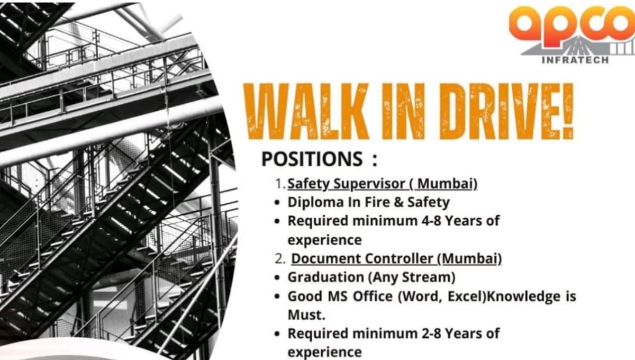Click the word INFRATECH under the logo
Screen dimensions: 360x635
pyautogui.click(x=575, y=60)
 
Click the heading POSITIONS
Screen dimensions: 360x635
pyautogui.click(x=313, y=159)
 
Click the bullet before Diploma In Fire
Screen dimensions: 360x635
pyautogui.click(x=278, y=203)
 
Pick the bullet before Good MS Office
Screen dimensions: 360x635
pyautogui.click(x=278, y=297)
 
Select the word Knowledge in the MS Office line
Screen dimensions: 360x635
pyautogui.click(x=523, y=296)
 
